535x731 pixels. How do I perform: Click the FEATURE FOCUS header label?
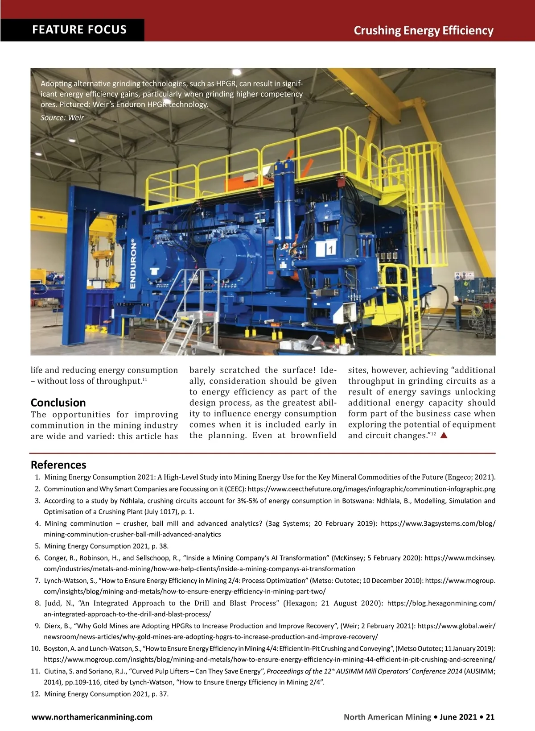tap(79, 30)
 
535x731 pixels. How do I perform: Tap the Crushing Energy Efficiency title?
tap(423, 30)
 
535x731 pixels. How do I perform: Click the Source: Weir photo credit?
tap(62, 117)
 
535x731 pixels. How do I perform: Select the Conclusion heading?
tap(58, 403)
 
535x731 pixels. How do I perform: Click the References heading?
tap(58, 465)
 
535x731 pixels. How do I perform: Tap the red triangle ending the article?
tap(444, 436)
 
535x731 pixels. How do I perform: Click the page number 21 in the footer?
tap(490, 717)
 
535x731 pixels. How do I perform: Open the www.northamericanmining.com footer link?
tap(92, 717)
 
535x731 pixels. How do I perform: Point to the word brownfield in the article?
tap(313, 436)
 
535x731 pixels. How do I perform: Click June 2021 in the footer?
tap(458, 717)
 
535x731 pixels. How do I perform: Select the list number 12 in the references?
tap(36, 694)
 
